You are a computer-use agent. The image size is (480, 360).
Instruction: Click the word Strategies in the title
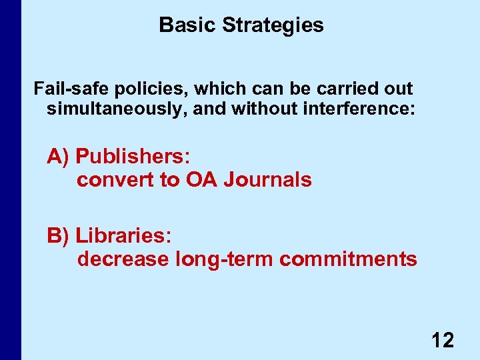coord(273,25)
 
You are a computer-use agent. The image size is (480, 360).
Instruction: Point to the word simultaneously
coord(117,108)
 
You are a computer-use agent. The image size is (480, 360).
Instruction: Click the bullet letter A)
coord(59,157)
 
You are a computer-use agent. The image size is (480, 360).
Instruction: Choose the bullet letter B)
coord(59,235)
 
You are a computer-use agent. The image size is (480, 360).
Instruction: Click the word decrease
coord(123,259)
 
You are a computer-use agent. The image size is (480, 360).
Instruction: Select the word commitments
coord(349,259)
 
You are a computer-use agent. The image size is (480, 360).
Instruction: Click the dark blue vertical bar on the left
coord(11,180)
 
